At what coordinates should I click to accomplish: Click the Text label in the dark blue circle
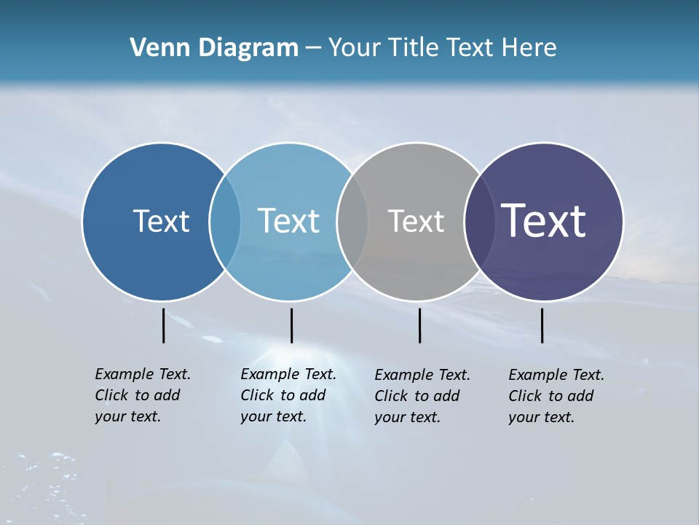[161, 221]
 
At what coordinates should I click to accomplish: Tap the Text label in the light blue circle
[288, 221]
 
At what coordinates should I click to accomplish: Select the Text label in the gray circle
[416, 221]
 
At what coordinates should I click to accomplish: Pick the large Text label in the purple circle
[544, 220]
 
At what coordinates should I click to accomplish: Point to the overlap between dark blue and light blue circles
[225, 222]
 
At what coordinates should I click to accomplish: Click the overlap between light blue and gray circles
[352, 222]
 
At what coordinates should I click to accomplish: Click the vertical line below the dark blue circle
[163, 325]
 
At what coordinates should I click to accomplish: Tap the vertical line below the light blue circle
[291, 325]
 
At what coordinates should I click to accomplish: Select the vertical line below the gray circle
[419, 325]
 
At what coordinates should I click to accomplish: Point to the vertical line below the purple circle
[542, 325]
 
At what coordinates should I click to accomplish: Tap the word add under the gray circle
[446, 396]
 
